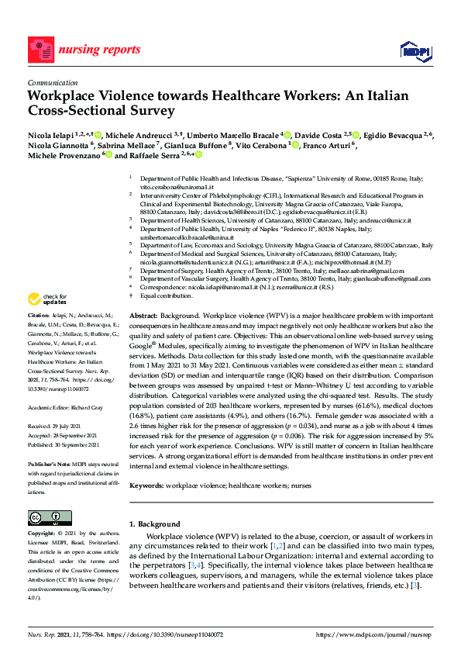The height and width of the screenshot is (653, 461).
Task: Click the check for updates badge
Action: click(x=46, y=299)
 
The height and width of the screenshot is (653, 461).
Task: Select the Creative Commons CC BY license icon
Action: click(x=44, y=518)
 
